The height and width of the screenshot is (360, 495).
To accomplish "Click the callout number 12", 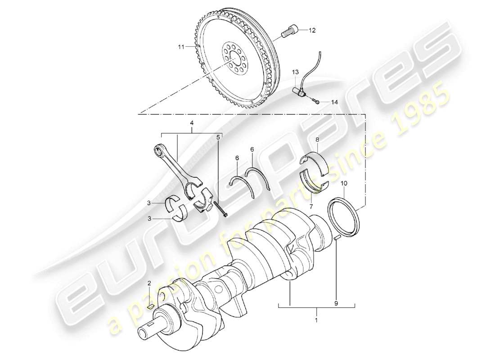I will pyautogui.click(x=312, y=31).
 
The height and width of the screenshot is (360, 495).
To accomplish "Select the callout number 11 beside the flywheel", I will pyautogui.click(x=180, y=46).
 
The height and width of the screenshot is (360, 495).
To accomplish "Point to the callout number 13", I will pyautogui.click(x=295, y=72).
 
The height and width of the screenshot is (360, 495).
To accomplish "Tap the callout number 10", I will pyautogui.click(x=344, y=184).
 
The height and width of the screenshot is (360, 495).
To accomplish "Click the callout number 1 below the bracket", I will pyautogui.click(x=316, y=321).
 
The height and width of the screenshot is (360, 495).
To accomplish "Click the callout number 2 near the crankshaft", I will pyautogui.click(x=149, y=283).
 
